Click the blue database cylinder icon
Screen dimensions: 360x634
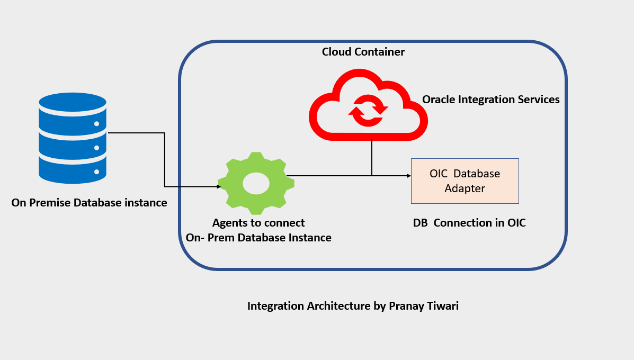73,138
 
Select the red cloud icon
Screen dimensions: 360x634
368,106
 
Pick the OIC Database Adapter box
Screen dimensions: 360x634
465,181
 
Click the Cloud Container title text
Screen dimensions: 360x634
363,52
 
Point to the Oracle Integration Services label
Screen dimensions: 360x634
490,100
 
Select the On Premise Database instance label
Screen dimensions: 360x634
89,203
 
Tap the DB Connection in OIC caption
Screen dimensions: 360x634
469,223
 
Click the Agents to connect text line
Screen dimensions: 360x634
258,223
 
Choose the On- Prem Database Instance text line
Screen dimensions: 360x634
258,238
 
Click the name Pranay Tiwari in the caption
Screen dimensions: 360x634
424,306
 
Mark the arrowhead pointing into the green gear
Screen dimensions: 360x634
218,186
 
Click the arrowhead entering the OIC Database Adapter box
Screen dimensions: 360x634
408,176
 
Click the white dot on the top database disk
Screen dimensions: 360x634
96,124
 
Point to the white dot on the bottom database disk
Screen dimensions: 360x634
96,172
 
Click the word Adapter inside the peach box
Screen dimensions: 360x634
465,188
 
